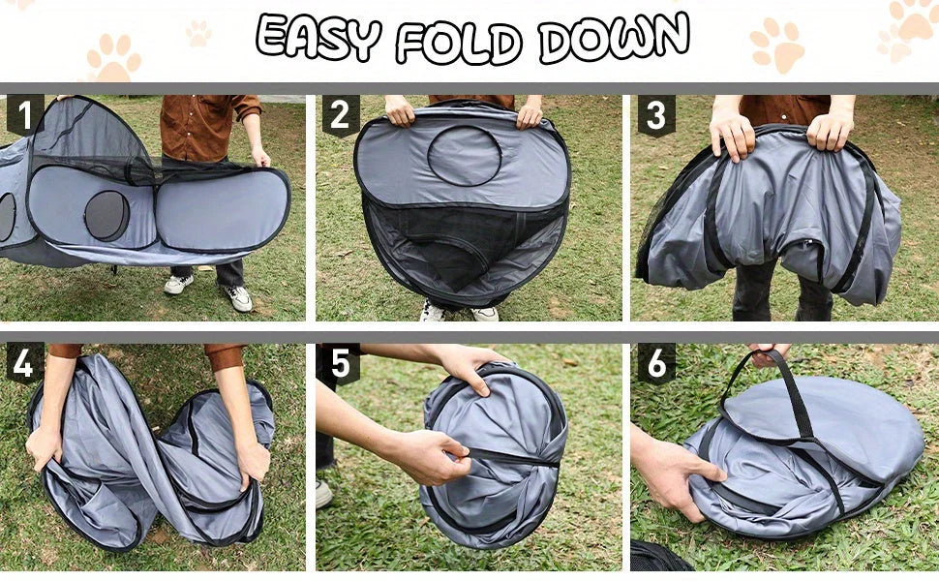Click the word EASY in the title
pos(318,39)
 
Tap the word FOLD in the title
pos(459,41)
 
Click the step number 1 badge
pos(24,114)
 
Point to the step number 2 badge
pos(340,115)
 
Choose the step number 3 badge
pos(655,115)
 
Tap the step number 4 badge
pos(24,364)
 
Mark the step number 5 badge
pos(340,364)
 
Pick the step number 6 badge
pos(655,364)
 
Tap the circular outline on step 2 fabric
pos(464,155)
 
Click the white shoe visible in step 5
pos(323,494)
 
